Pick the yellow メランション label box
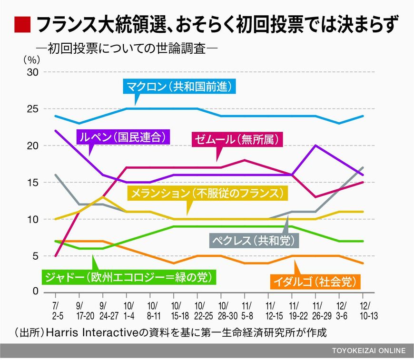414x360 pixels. [x=209, y=193]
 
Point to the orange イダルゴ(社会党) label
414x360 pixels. [x=315, y=281]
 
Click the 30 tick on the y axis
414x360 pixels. [x=32, y=72]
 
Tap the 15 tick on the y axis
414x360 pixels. [x=32, y=182]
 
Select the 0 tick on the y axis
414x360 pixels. [x=35, y=292]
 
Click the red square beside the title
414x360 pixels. [x=22, y=24]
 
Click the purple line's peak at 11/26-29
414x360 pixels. [x=315, y=146]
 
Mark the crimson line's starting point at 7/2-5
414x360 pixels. [x=56, y=256]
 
